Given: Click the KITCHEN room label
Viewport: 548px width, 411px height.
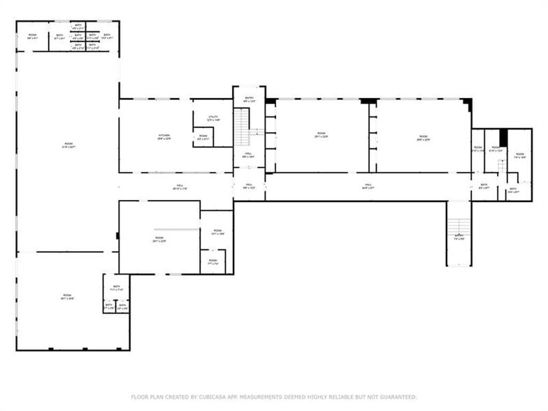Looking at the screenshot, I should click(164, 136).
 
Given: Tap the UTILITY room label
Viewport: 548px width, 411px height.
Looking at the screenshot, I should click(212, 117).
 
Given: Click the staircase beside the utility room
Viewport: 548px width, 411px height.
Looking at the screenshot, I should click(242, 127).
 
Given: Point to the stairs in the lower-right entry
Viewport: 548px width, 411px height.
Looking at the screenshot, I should click(459, 226).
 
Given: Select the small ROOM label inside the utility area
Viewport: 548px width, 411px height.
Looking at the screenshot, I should click(203, 137).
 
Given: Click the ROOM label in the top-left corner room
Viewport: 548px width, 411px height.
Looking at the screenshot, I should click(32, 36).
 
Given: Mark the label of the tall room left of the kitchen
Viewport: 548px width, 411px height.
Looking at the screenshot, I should click(68, 145).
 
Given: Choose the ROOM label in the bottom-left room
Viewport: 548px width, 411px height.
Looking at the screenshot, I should click(67, 296).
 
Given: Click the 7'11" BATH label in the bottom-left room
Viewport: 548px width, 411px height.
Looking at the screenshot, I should click(116, 287).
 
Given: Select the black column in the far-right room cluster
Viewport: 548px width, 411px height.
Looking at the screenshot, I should click(503, 138).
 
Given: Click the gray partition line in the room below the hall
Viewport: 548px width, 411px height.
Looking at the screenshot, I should click(177, 229).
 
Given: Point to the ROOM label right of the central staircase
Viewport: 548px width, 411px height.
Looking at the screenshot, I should click(321, 134).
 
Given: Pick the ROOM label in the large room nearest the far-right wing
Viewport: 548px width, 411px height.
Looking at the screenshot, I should click(423, 138).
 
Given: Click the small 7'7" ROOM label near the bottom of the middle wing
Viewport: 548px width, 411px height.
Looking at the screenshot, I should click(212, 262).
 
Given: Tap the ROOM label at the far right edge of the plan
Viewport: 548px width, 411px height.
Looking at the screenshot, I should click(519, 157).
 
